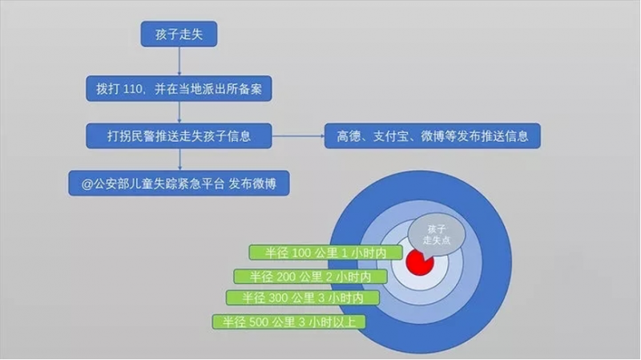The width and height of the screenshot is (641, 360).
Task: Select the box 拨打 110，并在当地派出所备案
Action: click(179, 86)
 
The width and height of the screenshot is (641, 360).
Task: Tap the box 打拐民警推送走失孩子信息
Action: click(179, 136)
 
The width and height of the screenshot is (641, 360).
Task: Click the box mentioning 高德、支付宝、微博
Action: click(432, 136)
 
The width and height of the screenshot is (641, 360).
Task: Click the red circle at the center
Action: click(419, 261)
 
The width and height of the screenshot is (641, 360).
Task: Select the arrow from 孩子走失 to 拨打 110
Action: click(179, 60)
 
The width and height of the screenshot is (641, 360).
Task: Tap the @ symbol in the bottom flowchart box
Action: click(76, 182)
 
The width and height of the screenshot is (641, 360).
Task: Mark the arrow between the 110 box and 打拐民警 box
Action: click(179, 111)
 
